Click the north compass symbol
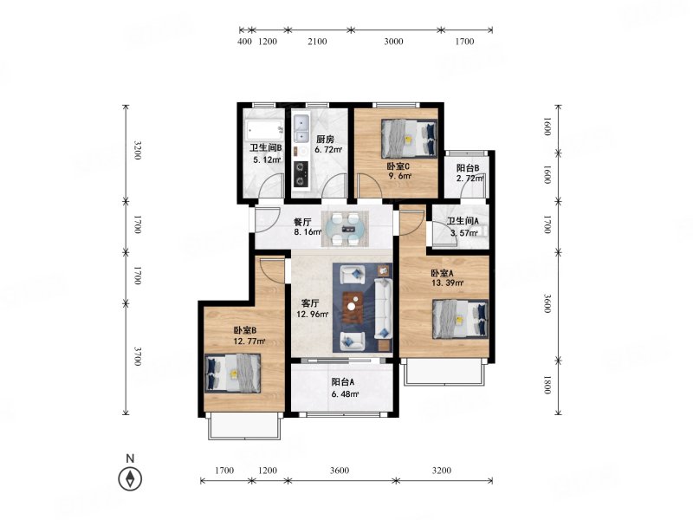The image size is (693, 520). pos(131,479)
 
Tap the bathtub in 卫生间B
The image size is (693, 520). pos(265,130)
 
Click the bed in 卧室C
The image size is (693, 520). pos(409,139)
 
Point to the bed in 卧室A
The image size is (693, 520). pos(461,319)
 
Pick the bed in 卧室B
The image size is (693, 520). pos(233,373)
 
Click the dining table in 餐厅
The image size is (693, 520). pos(345,229)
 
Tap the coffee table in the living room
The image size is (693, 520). pos(353,307)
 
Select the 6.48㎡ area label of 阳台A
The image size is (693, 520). pos(346,394)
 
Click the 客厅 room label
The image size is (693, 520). pos(310,304)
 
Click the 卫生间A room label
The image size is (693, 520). pos(463,221)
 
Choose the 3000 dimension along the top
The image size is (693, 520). pos(393,42)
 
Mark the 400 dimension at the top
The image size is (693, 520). pos(245,42)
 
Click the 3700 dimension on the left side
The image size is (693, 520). pos(138,356)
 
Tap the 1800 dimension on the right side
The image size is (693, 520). pos(547,385)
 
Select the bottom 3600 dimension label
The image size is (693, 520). pos(340,471)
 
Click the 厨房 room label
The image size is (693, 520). pos(325,140)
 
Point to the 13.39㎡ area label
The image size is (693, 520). pos(447,283)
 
